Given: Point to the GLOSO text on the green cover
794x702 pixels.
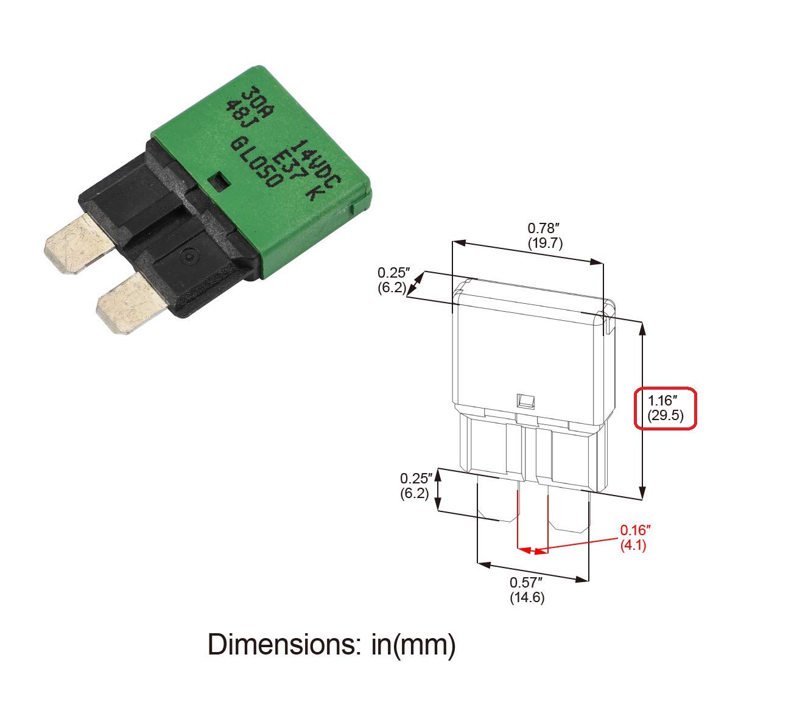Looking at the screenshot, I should tap(256, 162).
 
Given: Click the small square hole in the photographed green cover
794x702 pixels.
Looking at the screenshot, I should tap(218, 180).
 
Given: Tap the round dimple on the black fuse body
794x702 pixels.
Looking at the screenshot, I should tap(189, 258).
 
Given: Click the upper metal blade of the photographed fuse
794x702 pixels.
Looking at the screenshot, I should tap(78, 242).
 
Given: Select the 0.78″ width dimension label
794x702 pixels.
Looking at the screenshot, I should tap(543, 228).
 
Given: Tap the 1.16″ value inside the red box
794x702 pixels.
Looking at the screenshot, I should tap(662, 401).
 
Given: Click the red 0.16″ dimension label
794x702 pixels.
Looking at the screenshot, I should tap(636, 530).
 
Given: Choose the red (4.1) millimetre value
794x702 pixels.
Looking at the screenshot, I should tap(633, 545).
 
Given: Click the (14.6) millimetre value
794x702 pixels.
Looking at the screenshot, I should tap(527, 597).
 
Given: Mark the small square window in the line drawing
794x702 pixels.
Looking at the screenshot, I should tap(525, 401).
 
